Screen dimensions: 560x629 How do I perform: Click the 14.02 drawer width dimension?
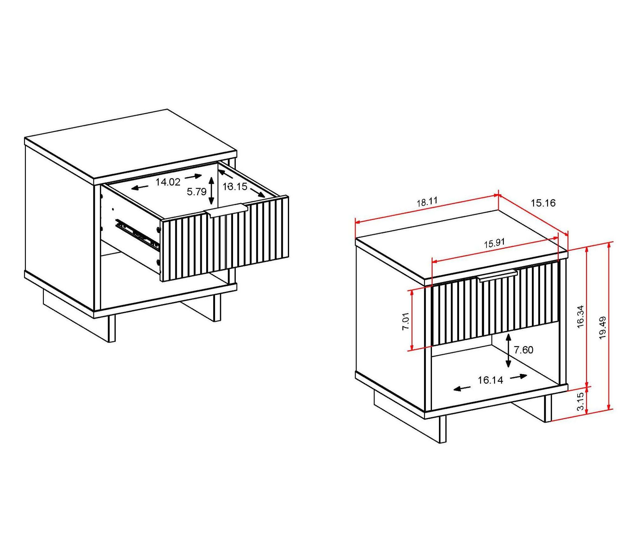click(168, 182)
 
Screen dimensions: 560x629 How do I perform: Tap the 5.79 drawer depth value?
click(196, 192)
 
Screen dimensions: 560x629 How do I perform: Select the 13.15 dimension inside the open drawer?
click(235, 187)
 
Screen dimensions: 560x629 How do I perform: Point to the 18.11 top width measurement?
click(427, 202)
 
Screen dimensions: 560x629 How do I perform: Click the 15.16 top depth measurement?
click(543, 203)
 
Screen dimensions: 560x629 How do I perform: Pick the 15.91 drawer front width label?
click(494, 243)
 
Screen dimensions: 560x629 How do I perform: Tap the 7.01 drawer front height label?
click(405, 321)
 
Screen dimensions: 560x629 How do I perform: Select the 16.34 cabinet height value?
click(580, 317)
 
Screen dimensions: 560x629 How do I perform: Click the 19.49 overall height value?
click(603, 328)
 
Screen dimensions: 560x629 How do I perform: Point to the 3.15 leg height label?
click(580, 401)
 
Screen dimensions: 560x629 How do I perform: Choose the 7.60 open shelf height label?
click(523, 350)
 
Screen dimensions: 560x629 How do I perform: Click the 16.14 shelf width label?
click(490, 380)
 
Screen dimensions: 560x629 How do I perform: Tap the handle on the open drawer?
click(226, 210)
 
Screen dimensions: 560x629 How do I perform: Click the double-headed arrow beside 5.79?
click(212, 191)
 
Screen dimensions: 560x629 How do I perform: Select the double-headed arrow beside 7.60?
click(508, 350)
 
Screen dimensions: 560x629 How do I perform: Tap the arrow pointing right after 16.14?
click(519, 376)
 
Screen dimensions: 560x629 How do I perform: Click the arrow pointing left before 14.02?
click(140, 188)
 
